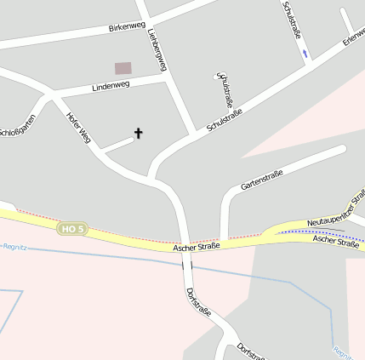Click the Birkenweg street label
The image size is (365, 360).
[127, 27]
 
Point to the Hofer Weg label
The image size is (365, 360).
[78, 125]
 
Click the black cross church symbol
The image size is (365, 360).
[138, 133]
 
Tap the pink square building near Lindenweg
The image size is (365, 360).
[123, 67]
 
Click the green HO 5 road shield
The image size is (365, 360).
[72, 228]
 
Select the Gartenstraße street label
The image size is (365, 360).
[261, 179]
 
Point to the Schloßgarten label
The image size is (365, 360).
[17, 128]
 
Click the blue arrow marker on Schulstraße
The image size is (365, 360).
[305, 53]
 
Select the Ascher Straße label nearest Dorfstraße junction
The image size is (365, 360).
[197, 247]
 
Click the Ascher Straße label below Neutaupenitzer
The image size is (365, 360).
[336, 242]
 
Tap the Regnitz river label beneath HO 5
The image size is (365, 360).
[14, 244]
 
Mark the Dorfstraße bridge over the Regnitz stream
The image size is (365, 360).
[186, 265]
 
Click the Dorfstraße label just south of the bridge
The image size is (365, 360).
[198, 302]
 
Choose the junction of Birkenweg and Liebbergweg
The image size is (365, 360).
[144, 18]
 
